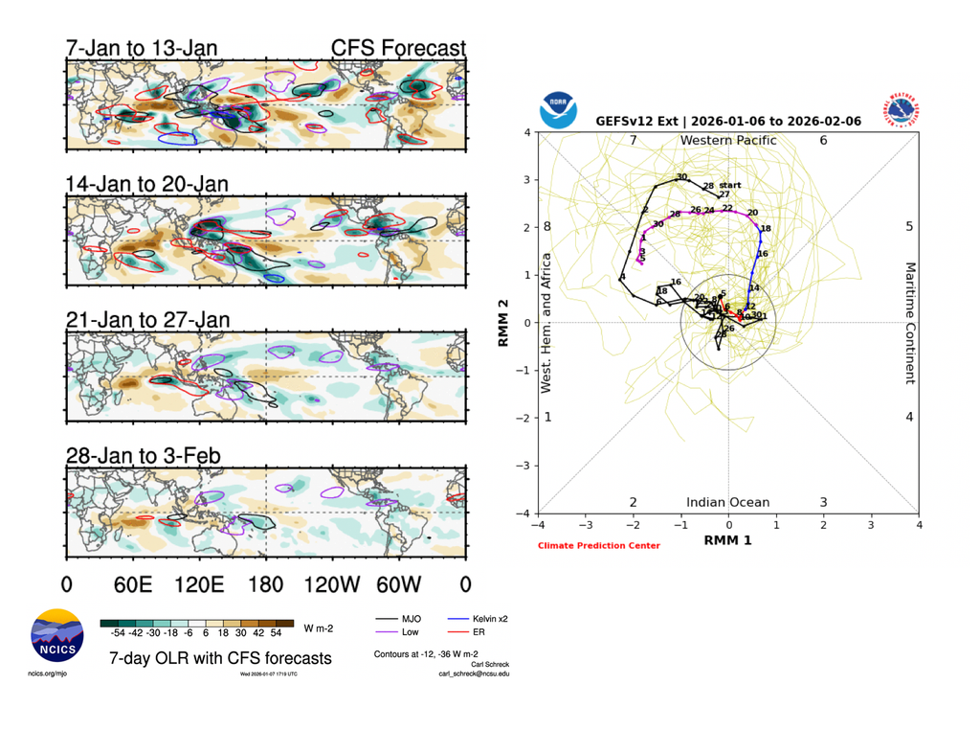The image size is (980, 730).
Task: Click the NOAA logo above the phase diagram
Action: coord(558,111)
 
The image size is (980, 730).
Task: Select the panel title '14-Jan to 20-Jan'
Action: coord(147,183)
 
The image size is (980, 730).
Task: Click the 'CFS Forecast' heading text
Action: coord(398,48)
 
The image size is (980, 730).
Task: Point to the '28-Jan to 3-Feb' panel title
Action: coord(143,455)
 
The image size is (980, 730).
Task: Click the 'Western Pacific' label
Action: coord(727,141)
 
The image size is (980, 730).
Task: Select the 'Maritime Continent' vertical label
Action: coord(910,323)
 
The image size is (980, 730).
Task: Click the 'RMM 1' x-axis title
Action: coord(727,540)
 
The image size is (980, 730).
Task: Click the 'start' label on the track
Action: coord(730,185)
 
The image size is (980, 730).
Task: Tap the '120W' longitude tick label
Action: coord(332,583)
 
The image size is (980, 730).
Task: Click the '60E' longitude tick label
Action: coord(132,583)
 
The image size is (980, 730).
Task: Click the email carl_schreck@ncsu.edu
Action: coord(474,673)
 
